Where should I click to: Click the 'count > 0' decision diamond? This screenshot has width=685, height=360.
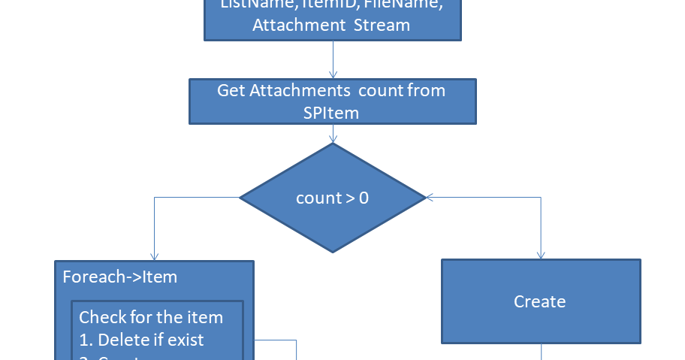pyautogui.click(x=332, y=198)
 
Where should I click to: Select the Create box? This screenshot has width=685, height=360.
pyautogui.click(x=540, y=301)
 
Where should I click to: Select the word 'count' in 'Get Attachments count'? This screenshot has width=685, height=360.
pyautogui.click(x=381, y=91)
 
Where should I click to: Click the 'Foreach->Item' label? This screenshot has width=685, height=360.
pyautogui.click(x=121, y=277)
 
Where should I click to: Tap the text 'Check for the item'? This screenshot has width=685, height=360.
pyautogui.click(x=151, y=316)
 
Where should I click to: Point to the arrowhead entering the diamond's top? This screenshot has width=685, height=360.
pyautogui.click(x=333, y=138)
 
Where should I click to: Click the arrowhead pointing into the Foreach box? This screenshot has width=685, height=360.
pyautogui.click(x=154, y=256)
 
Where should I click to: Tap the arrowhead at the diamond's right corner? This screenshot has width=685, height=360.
pyautogui.click(x=430, y=198)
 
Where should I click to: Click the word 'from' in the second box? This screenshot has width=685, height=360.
pyautogui.click(x=426, y=91)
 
